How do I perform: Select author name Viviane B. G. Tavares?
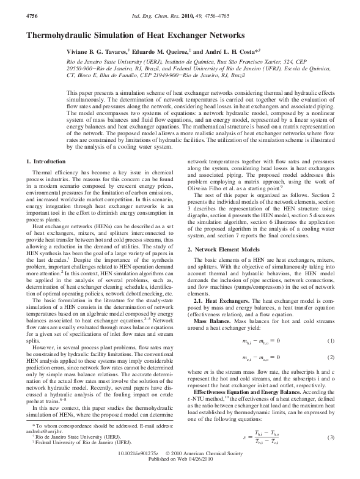(95, 53)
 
